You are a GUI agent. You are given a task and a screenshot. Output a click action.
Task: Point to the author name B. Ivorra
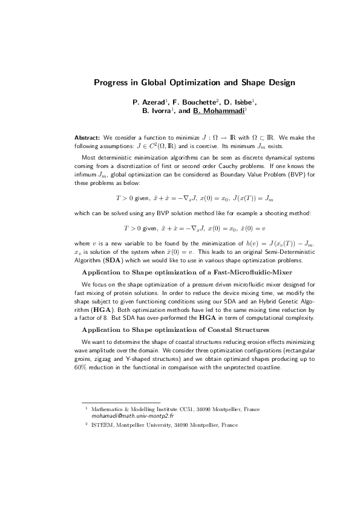(x=158, y=111)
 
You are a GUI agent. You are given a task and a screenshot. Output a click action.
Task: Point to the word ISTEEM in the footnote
(x=103, y=426)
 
